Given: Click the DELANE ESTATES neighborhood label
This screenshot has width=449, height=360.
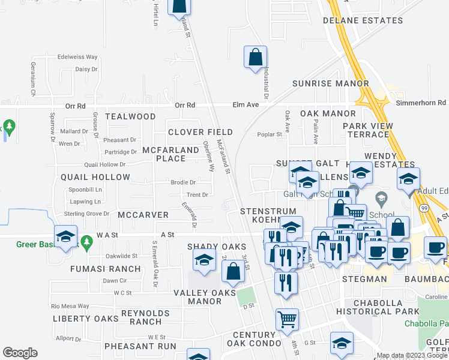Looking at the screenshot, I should [363, 20].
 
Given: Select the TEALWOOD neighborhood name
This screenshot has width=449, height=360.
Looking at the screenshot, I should [130, 116].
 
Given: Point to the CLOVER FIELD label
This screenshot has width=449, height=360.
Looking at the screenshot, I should [200, 132].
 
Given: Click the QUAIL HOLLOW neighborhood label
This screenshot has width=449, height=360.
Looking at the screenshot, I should [95, 178].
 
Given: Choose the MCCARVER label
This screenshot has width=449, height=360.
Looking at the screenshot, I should [143, 215].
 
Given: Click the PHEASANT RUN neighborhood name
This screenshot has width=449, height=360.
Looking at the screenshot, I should [140, 346].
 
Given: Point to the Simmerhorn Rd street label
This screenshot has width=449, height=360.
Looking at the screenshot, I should [421, 103].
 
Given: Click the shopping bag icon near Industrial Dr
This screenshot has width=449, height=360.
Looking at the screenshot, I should [255, 58].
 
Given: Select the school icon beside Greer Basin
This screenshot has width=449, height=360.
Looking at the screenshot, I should [65, 235].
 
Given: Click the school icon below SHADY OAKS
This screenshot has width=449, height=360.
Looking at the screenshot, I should [204, 260].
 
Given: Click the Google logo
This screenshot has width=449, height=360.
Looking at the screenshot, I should [20, 353].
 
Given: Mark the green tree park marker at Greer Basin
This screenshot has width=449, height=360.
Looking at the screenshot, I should [86, 242].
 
